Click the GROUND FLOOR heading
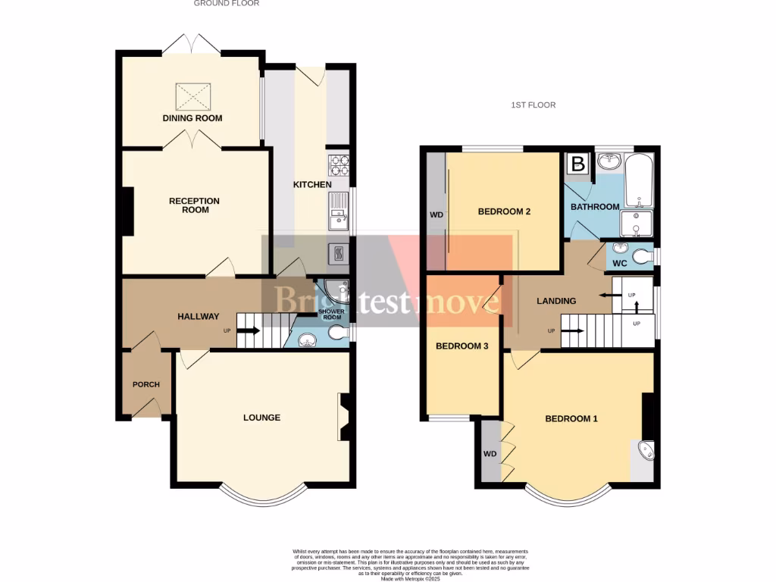[227, 4]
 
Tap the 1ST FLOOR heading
[533, 105]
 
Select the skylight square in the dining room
[192, 96]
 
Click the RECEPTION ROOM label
[194, 205]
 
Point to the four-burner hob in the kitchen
[338, 164]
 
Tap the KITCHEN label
[312, 185]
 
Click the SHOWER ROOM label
[331, 313]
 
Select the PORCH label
[146, 384]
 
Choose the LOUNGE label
[261, 418]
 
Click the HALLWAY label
[199, 317]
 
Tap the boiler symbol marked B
[578, 163]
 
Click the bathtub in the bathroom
[640, 180]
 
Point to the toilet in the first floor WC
[643, 257]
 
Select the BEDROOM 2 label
[504, 211]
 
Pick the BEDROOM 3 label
[462, 346]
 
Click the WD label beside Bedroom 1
[490, 454]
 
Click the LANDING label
[556, 301]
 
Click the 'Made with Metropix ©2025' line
[411, 578]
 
